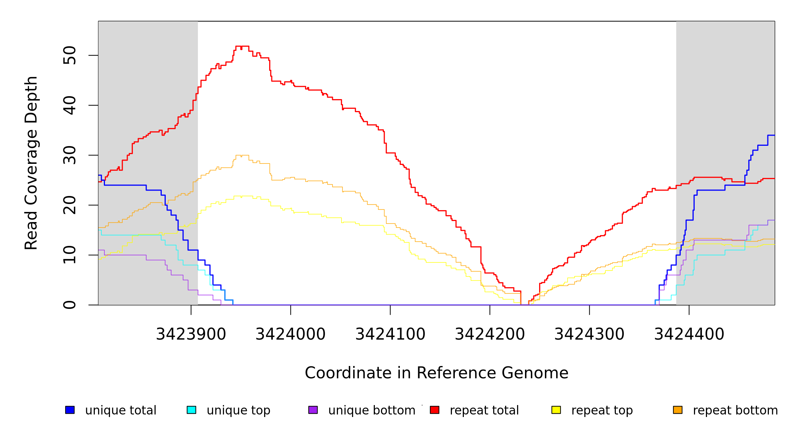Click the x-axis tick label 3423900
(x=191, y=334)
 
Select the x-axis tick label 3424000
(x=291, y=334)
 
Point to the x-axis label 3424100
(x=390, y=334)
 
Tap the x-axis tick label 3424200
(x=490, y=334)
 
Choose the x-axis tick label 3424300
(x=589, y=334)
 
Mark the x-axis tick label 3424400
(x=689, y=334)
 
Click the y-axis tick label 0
(x=69, y=305)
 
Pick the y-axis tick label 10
(x=69, y=255)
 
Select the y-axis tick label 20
(x=69, y=205)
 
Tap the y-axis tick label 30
(x=69, y=155)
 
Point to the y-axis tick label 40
(x=69, y=105)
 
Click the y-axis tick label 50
(x=69, y=55)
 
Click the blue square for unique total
(x=70, y=410)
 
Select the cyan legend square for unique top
(x=191, y=410)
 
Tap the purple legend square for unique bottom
(x=313, y=410)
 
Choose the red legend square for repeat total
(x=435, y=410)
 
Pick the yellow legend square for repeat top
(x=556, y=410)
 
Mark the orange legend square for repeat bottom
(x=678, y=410)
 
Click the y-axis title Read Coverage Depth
(x=31, y=163)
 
